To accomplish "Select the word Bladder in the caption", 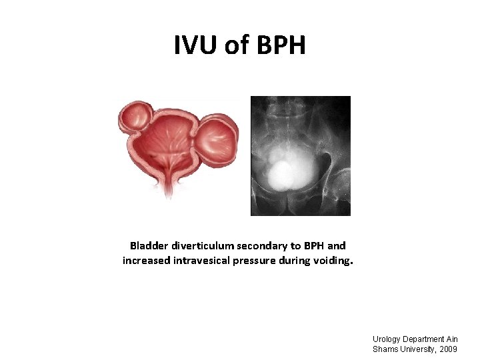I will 149,246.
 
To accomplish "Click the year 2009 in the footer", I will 447,349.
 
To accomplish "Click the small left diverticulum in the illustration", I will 136,117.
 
